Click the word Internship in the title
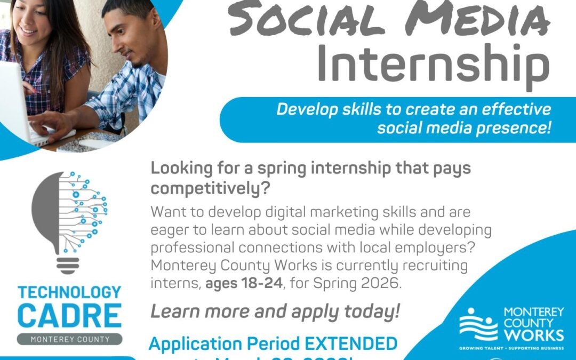coord(433,65)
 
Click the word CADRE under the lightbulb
coord(69,316)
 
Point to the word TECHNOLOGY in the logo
coord(69,293)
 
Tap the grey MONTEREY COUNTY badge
coord(69,339)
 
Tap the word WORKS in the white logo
coord(534,335)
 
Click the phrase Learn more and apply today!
coord(275,311)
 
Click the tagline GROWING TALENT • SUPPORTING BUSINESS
coord(511,348)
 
